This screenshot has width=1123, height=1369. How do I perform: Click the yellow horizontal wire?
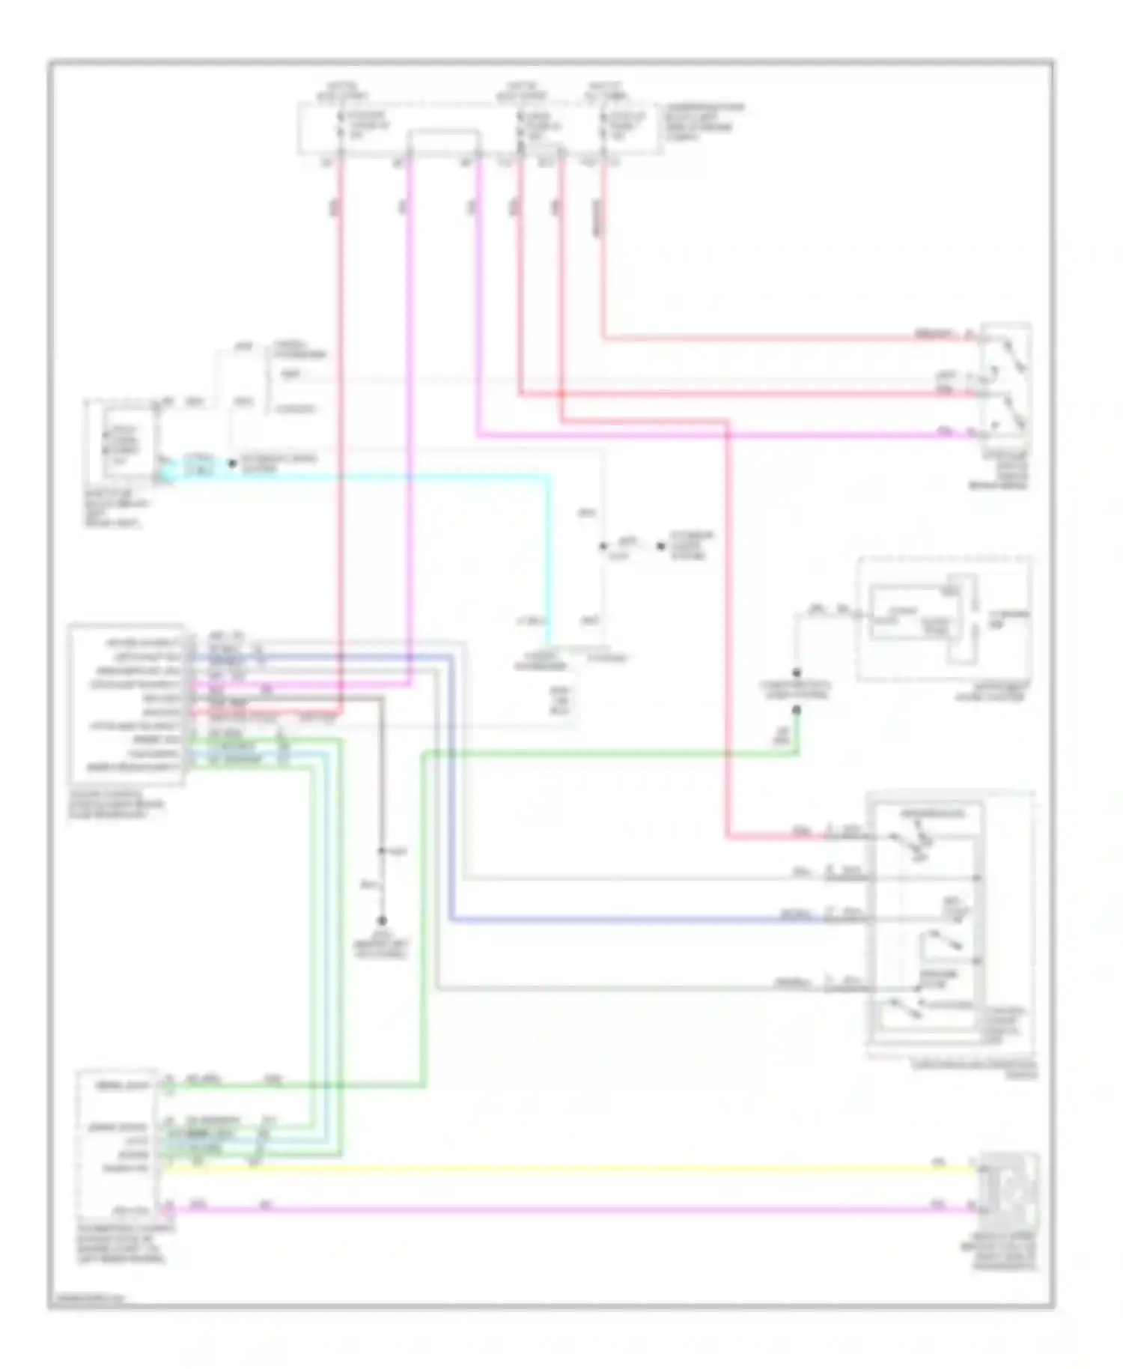(569, 1168)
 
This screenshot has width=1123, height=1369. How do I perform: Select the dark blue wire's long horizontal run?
(636, 920)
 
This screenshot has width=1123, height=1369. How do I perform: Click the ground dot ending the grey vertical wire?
(382, 920)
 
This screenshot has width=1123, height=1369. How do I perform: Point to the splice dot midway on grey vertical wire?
(381, 852)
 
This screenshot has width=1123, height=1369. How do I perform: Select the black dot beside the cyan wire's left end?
(232, 464)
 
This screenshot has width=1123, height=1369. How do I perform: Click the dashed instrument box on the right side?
(945, 619)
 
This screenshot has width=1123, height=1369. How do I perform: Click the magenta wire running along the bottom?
(569, 1208)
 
